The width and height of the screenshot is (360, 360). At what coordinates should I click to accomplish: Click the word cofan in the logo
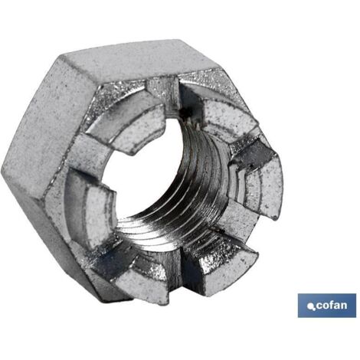tap(332, 306)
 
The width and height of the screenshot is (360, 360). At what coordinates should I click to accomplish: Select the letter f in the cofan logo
tap(332, 305)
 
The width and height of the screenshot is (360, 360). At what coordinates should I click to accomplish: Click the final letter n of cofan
tap(344, 306)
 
